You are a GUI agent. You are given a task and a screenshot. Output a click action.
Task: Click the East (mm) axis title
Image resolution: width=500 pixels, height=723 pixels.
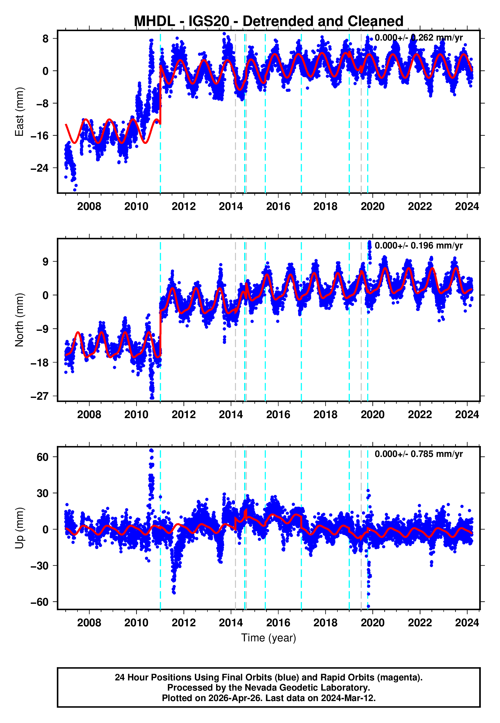tap(19, 112)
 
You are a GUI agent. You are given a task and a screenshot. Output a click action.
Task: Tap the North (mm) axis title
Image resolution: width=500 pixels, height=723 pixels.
tap(19, 320)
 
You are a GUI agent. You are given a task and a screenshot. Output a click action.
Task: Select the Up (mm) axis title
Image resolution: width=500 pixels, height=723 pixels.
tap(19, 528)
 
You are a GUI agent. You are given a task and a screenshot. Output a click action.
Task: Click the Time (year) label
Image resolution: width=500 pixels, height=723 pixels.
tap(269, 638)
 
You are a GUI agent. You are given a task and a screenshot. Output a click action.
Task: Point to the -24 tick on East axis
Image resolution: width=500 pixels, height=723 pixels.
tap(40, 168)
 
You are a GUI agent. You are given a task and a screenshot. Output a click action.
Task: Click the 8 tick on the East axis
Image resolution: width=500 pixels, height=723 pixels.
tap(46, 39)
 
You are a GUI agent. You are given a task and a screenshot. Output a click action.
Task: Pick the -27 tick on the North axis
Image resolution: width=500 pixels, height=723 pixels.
tap(40, 396)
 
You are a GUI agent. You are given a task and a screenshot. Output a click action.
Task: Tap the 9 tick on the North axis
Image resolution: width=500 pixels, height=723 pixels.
tap(46, 261)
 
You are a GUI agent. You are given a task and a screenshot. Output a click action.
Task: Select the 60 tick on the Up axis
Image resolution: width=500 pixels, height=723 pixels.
tap(43, 457)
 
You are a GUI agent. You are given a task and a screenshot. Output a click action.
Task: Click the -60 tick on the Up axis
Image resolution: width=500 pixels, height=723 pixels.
tap(40, 602)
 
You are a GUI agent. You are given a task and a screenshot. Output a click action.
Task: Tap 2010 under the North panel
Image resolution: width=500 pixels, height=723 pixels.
tap(136, 415)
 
